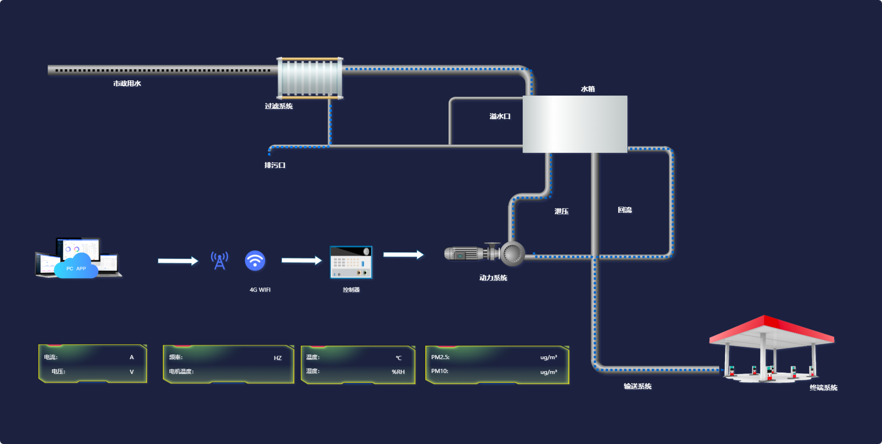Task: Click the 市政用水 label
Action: click(127, 84)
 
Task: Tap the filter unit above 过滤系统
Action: click(310, 78)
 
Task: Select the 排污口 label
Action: click(274, 165)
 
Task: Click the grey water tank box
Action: click(575, 124)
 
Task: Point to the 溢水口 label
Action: click(500, 116)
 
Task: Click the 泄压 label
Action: click(561, 211)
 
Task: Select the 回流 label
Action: click(625, 210)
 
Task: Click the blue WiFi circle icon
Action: click(255, 261)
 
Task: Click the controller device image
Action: click(351, 262)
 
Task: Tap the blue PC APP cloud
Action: click(76, 267)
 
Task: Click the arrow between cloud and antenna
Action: click(178, 261)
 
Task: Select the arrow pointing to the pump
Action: click(403, 255)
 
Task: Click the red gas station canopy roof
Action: click(771, 329)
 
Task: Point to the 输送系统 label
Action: click(638, 386)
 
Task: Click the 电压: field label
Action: click(59, 372)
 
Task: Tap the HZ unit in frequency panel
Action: click(278, 358)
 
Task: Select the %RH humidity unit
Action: click(398, 372)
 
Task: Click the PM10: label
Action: click(440, 371)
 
